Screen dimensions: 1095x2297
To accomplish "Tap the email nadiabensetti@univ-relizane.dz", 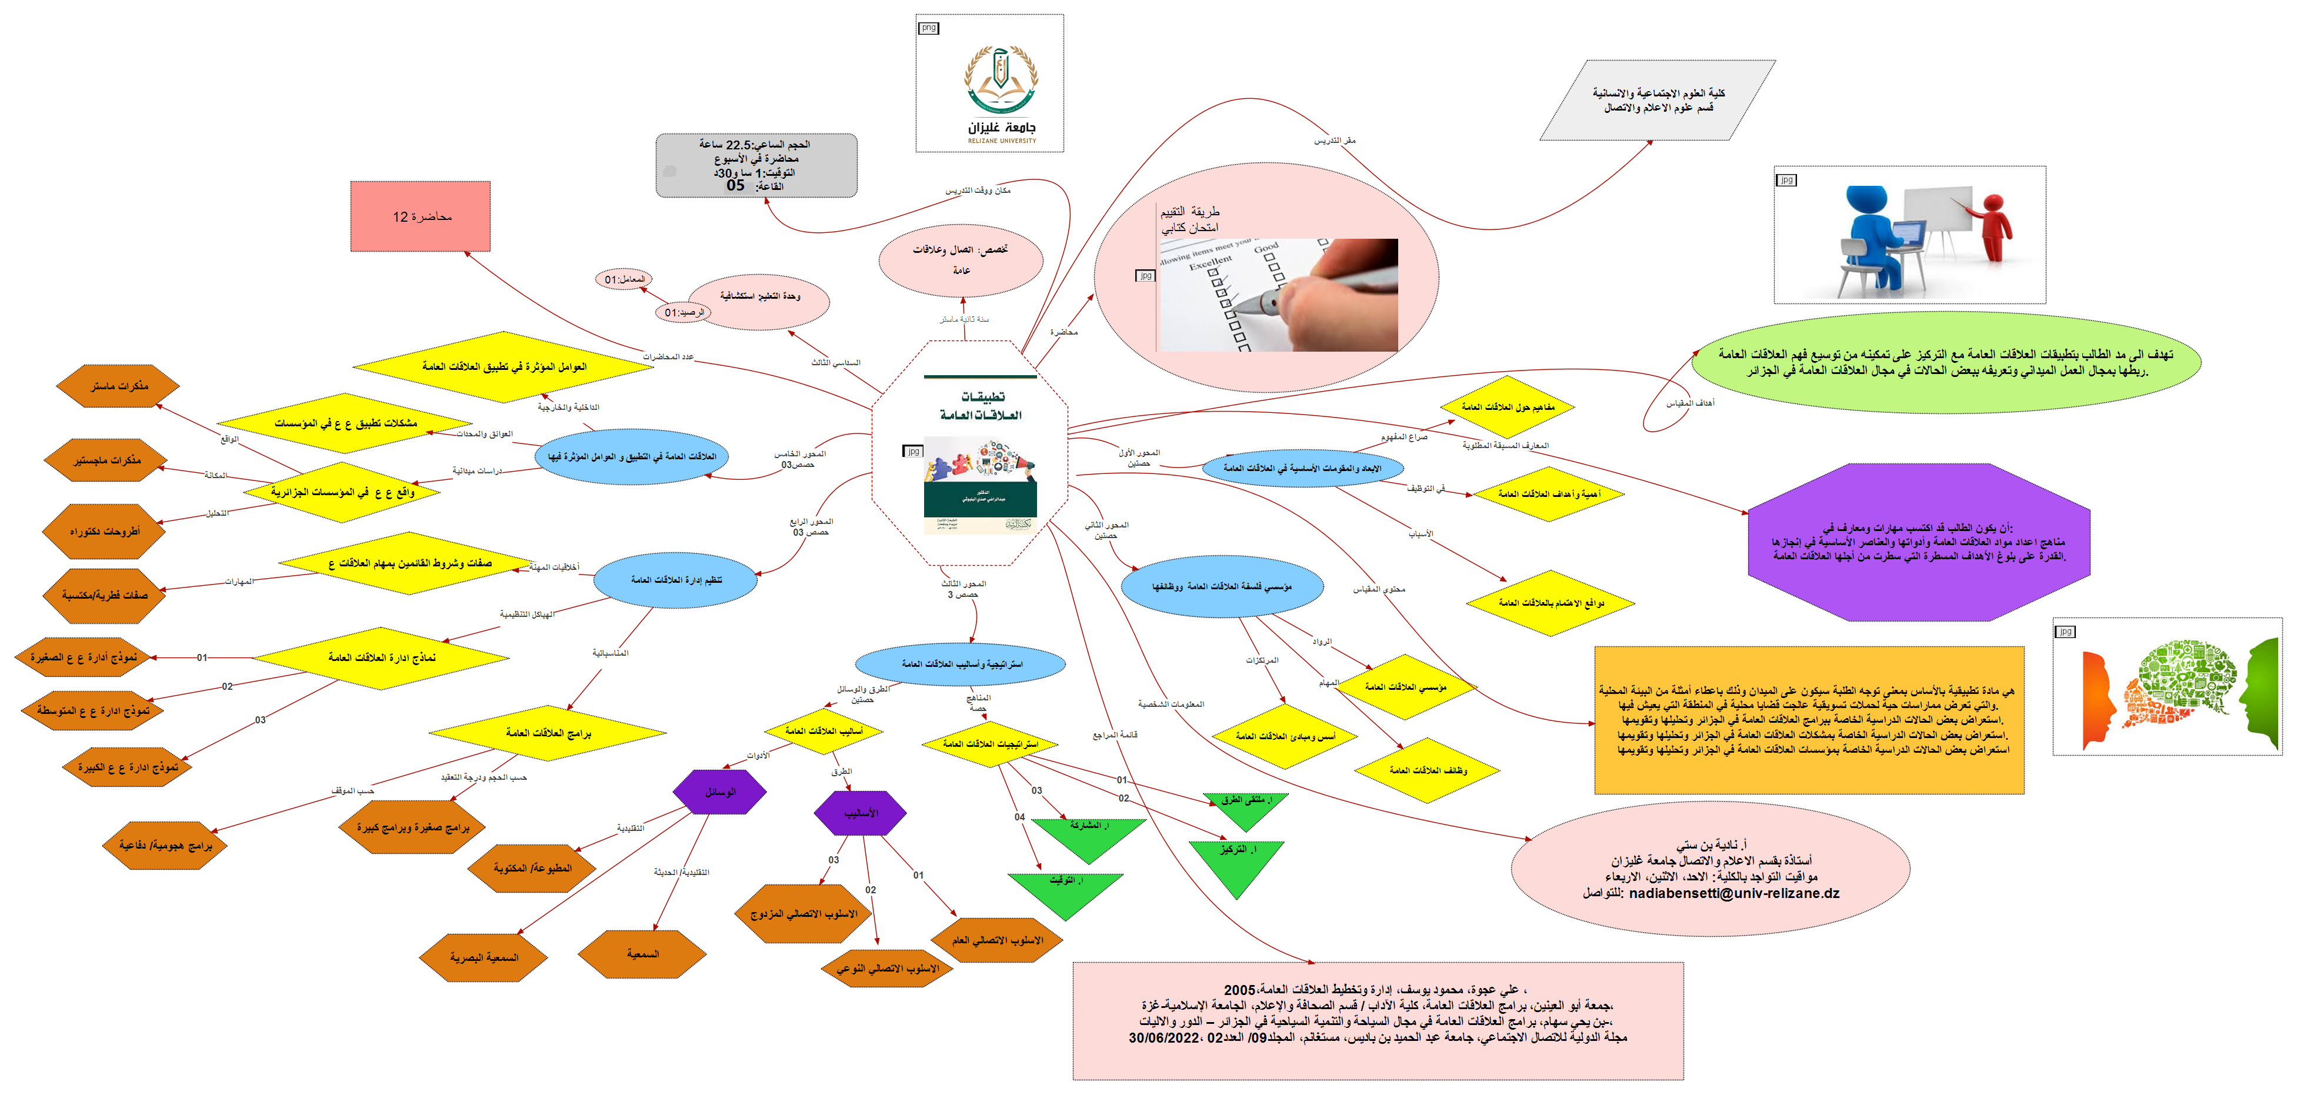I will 1733,893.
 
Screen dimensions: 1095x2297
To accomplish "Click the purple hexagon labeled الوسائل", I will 719,792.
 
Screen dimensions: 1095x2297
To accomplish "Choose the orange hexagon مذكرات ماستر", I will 119,386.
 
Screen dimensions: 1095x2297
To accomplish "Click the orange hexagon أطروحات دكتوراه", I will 104,532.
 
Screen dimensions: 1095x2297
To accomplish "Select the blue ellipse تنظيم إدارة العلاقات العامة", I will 676,580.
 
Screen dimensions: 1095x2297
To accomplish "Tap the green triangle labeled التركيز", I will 1237,860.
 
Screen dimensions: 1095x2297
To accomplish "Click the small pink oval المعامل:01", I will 624,279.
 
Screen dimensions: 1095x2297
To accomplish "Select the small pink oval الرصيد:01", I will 684,312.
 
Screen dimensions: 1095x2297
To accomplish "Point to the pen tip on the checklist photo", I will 1260,308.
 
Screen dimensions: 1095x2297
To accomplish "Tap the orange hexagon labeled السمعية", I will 642,954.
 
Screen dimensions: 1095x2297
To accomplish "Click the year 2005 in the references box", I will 1239,990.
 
